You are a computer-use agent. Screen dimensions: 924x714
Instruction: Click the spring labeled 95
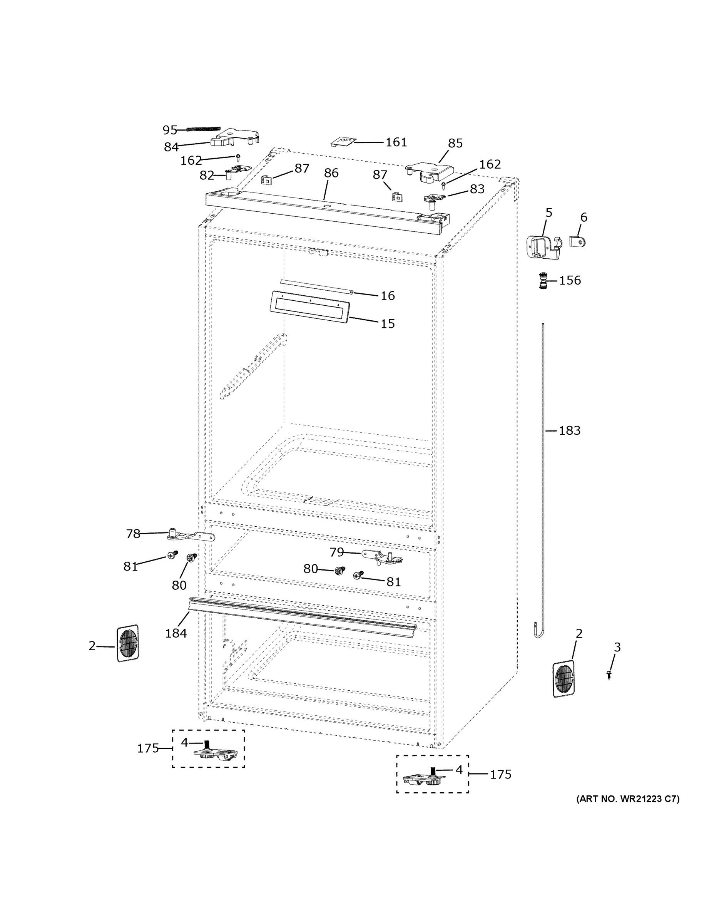[204, 129]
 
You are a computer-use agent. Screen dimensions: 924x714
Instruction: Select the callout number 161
[396, 142]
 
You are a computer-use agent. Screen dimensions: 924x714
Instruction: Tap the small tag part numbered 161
[343, 141]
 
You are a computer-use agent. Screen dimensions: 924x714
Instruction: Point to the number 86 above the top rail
[331, 173]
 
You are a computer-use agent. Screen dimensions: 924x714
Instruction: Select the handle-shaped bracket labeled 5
[543, 247]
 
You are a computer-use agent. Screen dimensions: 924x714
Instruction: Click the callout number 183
[569, 431]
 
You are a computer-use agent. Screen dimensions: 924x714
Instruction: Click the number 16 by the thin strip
[388, 296]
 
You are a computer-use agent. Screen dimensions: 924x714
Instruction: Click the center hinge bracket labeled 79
[383, 557]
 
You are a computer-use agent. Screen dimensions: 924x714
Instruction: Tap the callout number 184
[176, 633]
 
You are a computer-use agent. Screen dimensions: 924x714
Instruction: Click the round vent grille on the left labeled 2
[127, 643]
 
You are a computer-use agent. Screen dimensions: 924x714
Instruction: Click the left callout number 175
[148, 748]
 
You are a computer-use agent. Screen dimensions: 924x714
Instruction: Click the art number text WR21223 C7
[627, 799]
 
